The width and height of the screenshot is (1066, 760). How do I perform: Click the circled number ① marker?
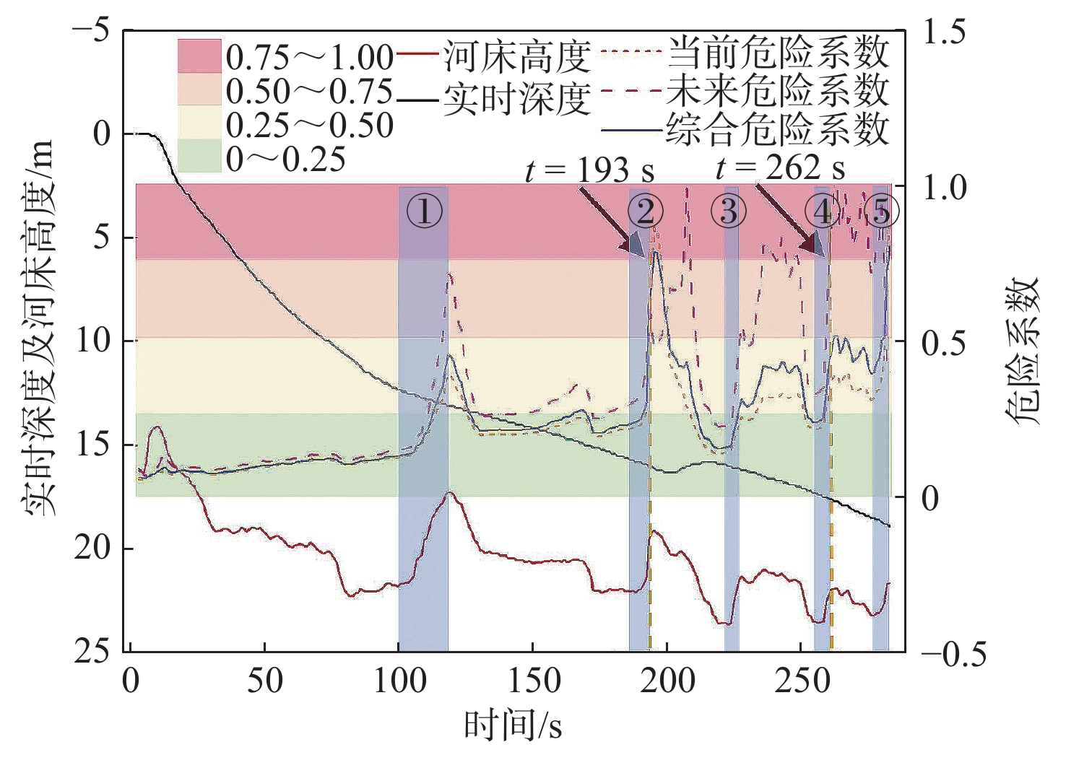click(x=424, y=211)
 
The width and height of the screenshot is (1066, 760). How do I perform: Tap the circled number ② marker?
click(x=645, y=211)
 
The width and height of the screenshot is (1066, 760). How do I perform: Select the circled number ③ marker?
click(x=729, y=211)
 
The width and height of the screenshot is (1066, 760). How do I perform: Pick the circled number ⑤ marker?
click(x=880, y=211)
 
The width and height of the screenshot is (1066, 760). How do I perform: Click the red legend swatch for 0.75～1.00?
click(x=199, y=56)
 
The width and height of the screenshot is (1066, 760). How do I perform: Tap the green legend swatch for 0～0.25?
click(x=199, y=158)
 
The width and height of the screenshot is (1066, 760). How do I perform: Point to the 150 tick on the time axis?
click(x=532, y=681)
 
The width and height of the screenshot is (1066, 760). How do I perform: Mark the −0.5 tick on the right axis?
click(x=952, y=654)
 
